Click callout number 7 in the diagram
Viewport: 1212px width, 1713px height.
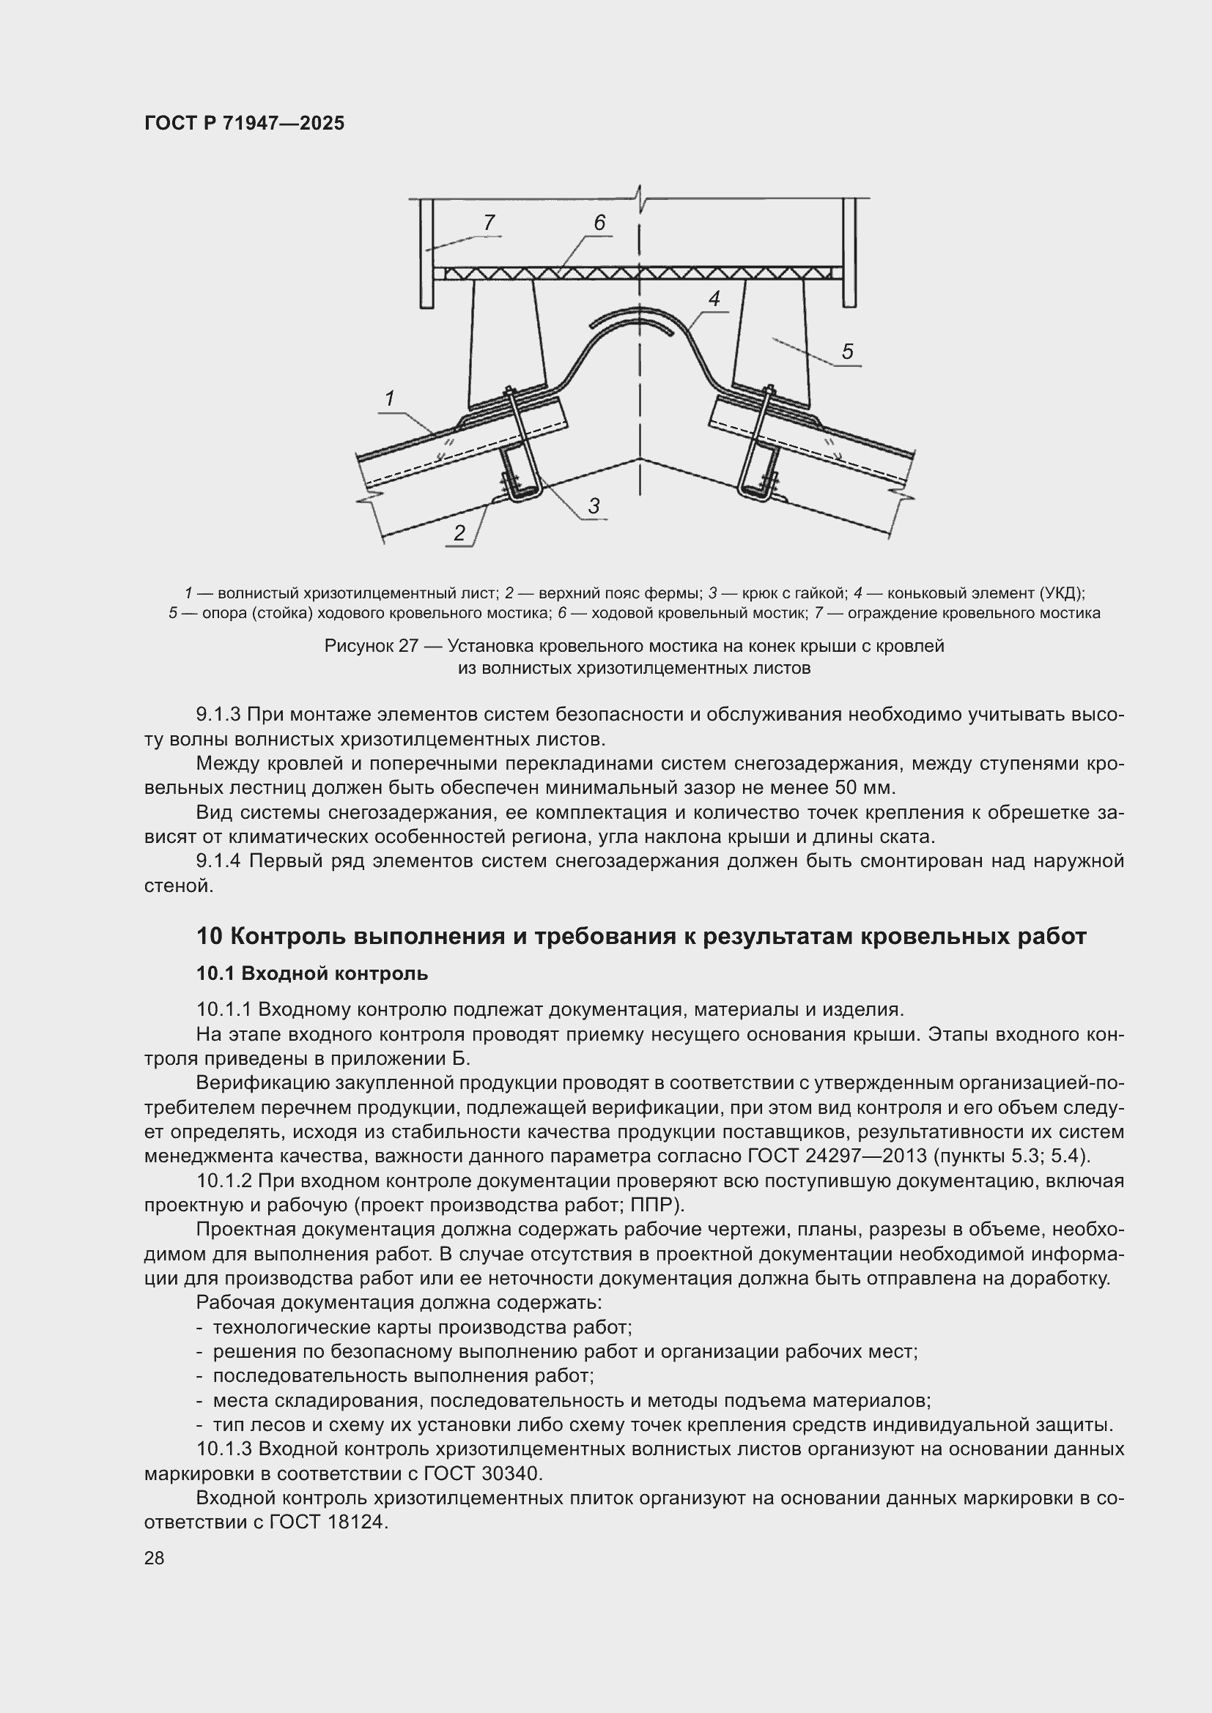coord(489,223)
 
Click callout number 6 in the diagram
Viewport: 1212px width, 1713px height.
coord(599,223)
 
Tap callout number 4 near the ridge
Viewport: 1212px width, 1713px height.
coord(714,300)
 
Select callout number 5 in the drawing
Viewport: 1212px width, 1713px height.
coord(847,352)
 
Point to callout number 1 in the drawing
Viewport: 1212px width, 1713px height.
coord(389,399)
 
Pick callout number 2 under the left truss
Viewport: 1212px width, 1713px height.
coord(459,532)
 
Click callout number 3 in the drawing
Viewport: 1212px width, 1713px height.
coord(594,507)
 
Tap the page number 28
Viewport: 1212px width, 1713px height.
coord(155,1558)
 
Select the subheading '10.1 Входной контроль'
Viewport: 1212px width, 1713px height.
coord(312,973)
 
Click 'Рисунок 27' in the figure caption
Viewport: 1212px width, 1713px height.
coord(371,646)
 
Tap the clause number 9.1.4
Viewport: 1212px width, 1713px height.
coord(218,861)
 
